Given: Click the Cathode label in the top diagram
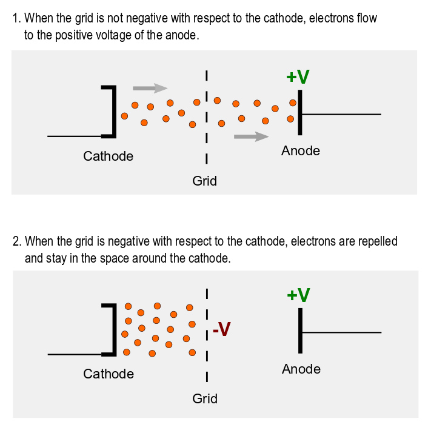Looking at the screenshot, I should point(108,156).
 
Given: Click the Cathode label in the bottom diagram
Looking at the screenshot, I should point(109,374).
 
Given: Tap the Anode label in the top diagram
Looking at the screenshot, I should point(301,151).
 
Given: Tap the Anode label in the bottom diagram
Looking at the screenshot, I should point(301,369).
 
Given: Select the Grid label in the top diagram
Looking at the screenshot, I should point(204,181).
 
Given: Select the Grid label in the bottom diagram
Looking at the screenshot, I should point(205,398).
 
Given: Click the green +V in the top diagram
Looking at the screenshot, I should point(298,77).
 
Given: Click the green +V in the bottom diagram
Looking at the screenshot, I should point(298,295).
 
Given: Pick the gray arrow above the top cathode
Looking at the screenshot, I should point(150,88).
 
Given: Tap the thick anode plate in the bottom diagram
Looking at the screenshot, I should point(300,331).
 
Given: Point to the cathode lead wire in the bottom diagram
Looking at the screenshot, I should point(74,354).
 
